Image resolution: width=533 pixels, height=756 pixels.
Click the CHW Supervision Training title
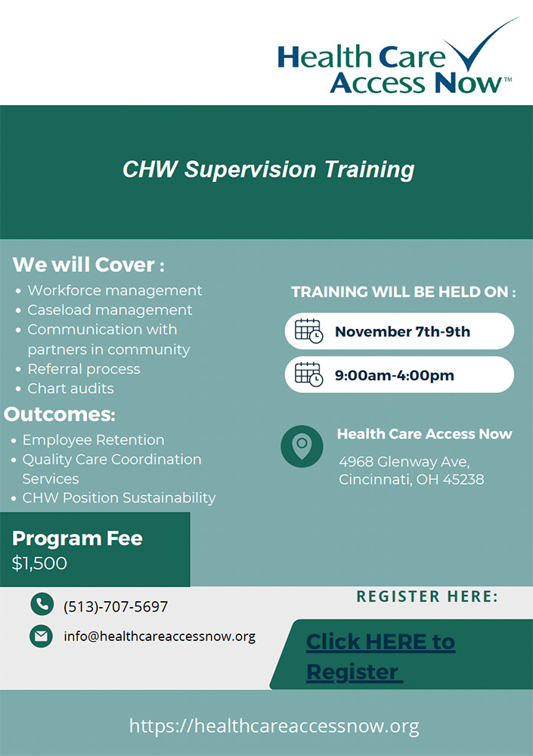268,169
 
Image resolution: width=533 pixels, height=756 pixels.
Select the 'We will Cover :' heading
88,265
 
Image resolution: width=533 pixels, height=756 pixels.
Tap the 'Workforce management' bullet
115,291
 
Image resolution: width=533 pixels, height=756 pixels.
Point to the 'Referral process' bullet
84,369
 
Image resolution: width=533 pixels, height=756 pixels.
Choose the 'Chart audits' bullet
70,388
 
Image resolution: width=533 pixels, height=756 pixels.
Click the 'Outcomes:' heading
60,414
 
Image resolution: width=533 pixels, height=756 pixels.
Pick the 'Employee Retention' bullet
94,440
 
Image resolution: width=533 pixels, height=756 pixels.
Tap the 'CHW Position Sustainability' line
119,497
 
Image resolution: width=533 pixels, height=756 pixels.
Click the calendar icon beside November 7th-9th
308,331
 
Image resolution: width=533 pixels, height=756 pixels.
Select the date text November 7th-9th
402,332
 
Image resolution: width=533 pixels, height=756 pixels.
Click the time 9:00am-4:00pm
395,375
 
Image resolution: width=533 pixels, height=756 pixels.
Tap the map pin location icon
302,446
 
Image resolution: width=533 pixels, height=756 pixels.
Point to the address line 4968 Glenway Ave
404,462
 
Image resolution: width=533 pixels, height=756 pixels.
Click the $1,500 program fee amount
39,563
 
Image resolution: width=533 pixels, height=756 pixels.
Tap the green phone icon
42,604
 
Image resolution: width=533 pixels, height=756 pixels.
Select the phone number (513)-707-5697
116,606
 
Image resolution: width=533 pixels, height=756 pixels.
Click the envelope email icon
41,637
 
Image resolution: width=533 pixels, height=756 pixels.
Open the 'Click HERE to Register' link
380,656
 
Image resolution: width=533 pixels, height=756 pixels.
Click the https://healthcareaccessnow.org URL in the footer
274,726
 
